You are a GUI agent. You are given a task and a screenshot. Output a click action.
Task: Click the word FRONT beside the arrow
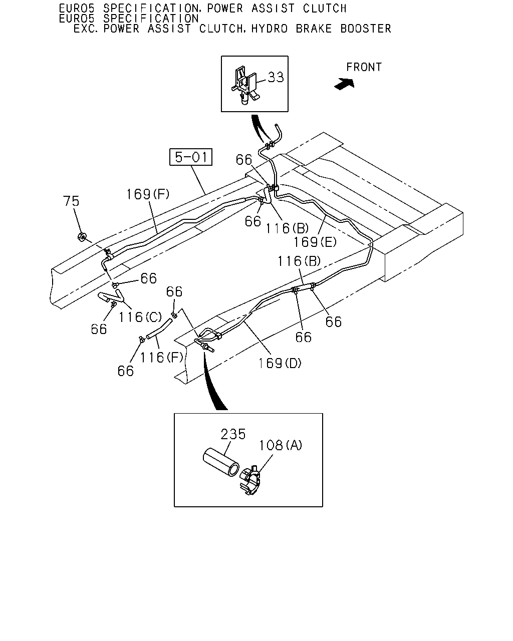[364, 67]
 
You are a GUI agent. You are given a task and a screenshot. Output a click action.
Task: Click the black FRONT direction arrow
[345, 84]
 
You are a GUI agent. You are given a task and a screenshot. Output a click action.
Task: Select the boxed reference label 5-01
[191, 157]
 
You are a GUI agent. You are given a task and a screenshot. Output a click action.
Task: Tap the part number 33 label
[276, 78]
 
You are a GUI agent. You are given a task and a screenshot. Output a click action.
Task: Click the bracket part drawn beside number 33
[244, 85]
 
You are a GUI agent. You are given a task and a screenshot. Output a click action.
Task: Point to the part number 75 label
[71, 201]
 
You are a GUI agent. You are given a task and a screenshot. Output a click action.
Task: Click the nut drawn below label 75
[82, 237]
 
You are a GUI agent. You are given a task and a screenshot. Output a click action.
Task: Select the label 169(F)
[148, 194]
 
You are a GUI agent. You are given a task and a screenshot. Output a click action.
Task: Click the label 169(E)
[315, 242]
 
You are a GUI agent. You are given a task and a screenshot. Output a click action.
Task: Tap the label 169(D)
[280, 363]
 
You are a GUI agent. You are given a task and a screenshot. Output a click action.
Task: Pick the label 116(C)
[140, 317]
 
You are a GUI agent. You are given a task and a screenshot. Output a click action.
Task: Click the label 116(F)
[161, 358]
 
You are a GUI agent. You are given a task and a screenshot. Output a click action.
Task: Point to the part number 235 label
[233, 434]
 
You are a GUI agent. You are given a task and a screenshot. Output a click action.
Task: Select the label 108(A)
[281, 445]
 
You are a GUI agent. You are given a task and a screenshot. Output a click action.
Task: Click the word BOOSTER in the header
[366, 29]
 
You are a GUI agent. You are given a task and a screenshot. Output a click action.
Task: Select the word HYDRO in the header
[270, 29]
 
